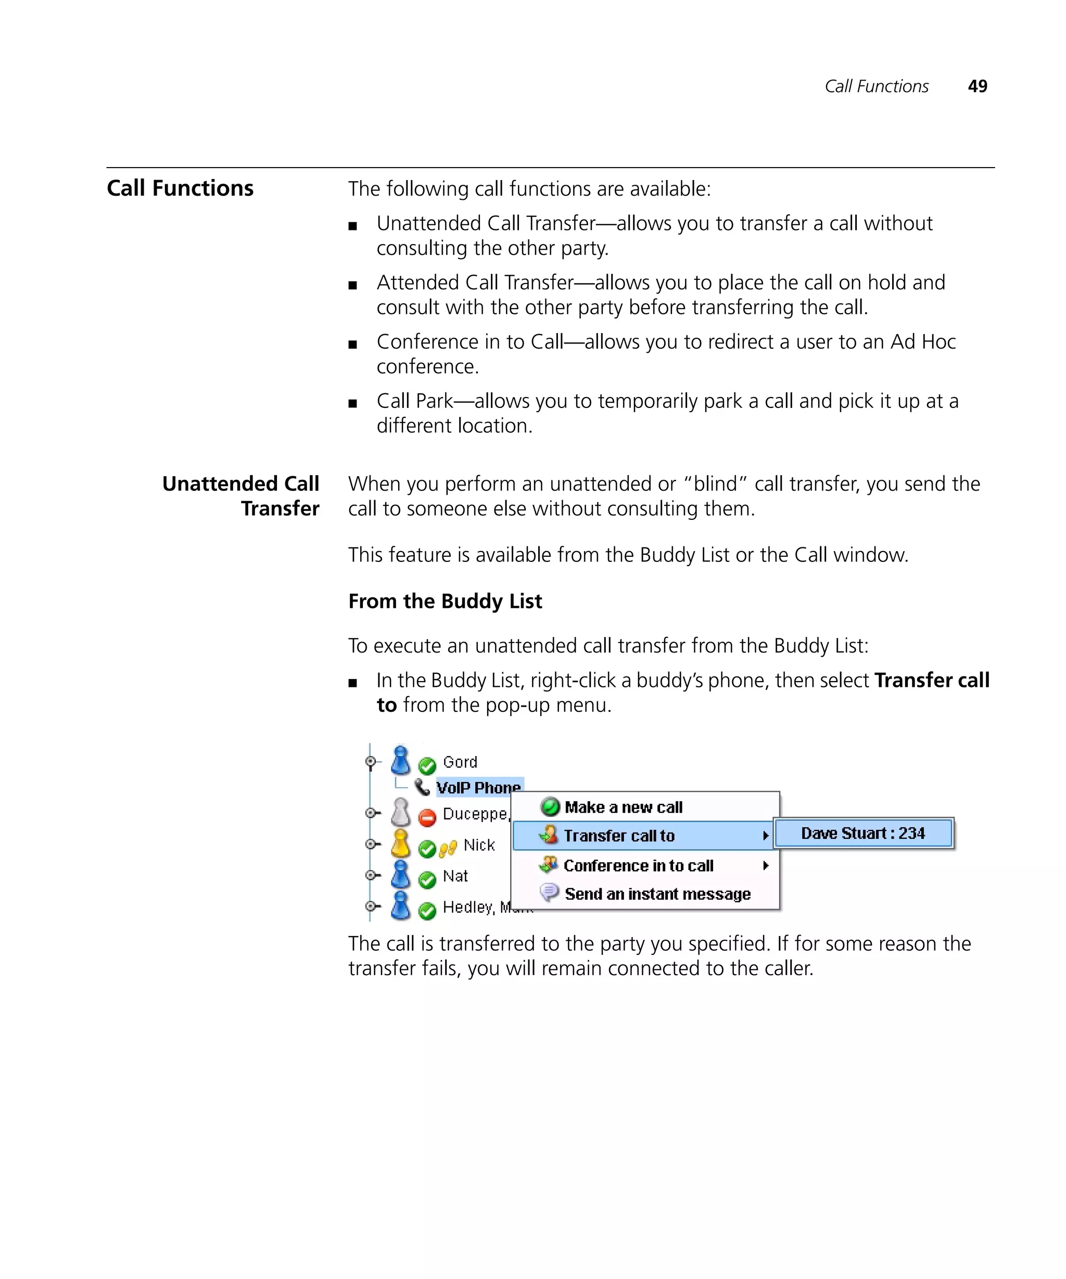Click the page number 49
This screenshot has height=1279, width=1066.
pyautogui.click(x=977, y=86)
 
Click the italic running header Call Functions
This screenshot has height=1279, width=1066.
pyautogui.click(x=876, y=86)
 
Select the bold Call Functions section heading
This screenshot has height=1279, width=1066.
pyautogui.click(x=180, y=188)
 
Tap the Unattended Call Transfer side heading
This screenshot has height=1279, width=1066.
pyautogui.click(x=240, y=496)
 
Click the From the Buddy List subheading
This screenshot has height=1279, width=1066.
pyautogui.click(x=445, y=601)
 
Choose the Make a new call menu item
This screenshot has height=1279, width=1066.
pyautogui.click(x=623, y=807)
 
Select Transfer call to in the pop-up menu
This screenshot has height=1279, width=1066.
pyautogui.click(x=619, y=836)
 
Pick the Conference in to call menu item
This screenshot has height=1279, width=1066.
pyautogui.click(x=638, y=865)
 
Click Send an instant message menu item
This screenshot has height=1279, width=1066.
pyautogui.click(x=657, y=894)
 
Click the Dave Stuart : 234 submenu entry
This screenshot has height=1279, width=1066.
pyautogui.click(x=862, y=833)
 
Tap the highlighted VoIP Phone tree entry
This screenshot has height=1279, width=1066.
pyautogui.click(x=478, y=787)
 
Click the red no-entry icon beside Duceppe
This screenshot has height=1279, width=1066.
pyautogui.click(x=427, y=817)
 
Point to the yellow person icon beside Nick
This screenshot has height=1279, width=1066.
pyautogui.click(x=400, y=843)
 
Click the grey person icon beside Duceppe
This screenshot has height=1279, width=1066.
pyautogui.click(x=400, y=812)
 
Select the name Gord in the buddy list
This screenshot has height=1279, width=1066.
pyautogui.click(x=460, y=762)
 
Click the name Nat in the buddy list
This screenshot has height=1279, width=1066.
pyautogui.click(x=455, y=876)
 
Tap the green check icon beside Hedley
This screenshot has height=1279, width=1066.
pyautogui.click(x=427, y=911)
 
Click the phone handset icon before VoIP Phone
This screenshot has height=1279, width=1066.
pyautogui.click(x=422, y=787)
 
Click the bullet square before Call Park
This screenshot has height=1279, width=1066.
pyautogui.click(x=352, y=403)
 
